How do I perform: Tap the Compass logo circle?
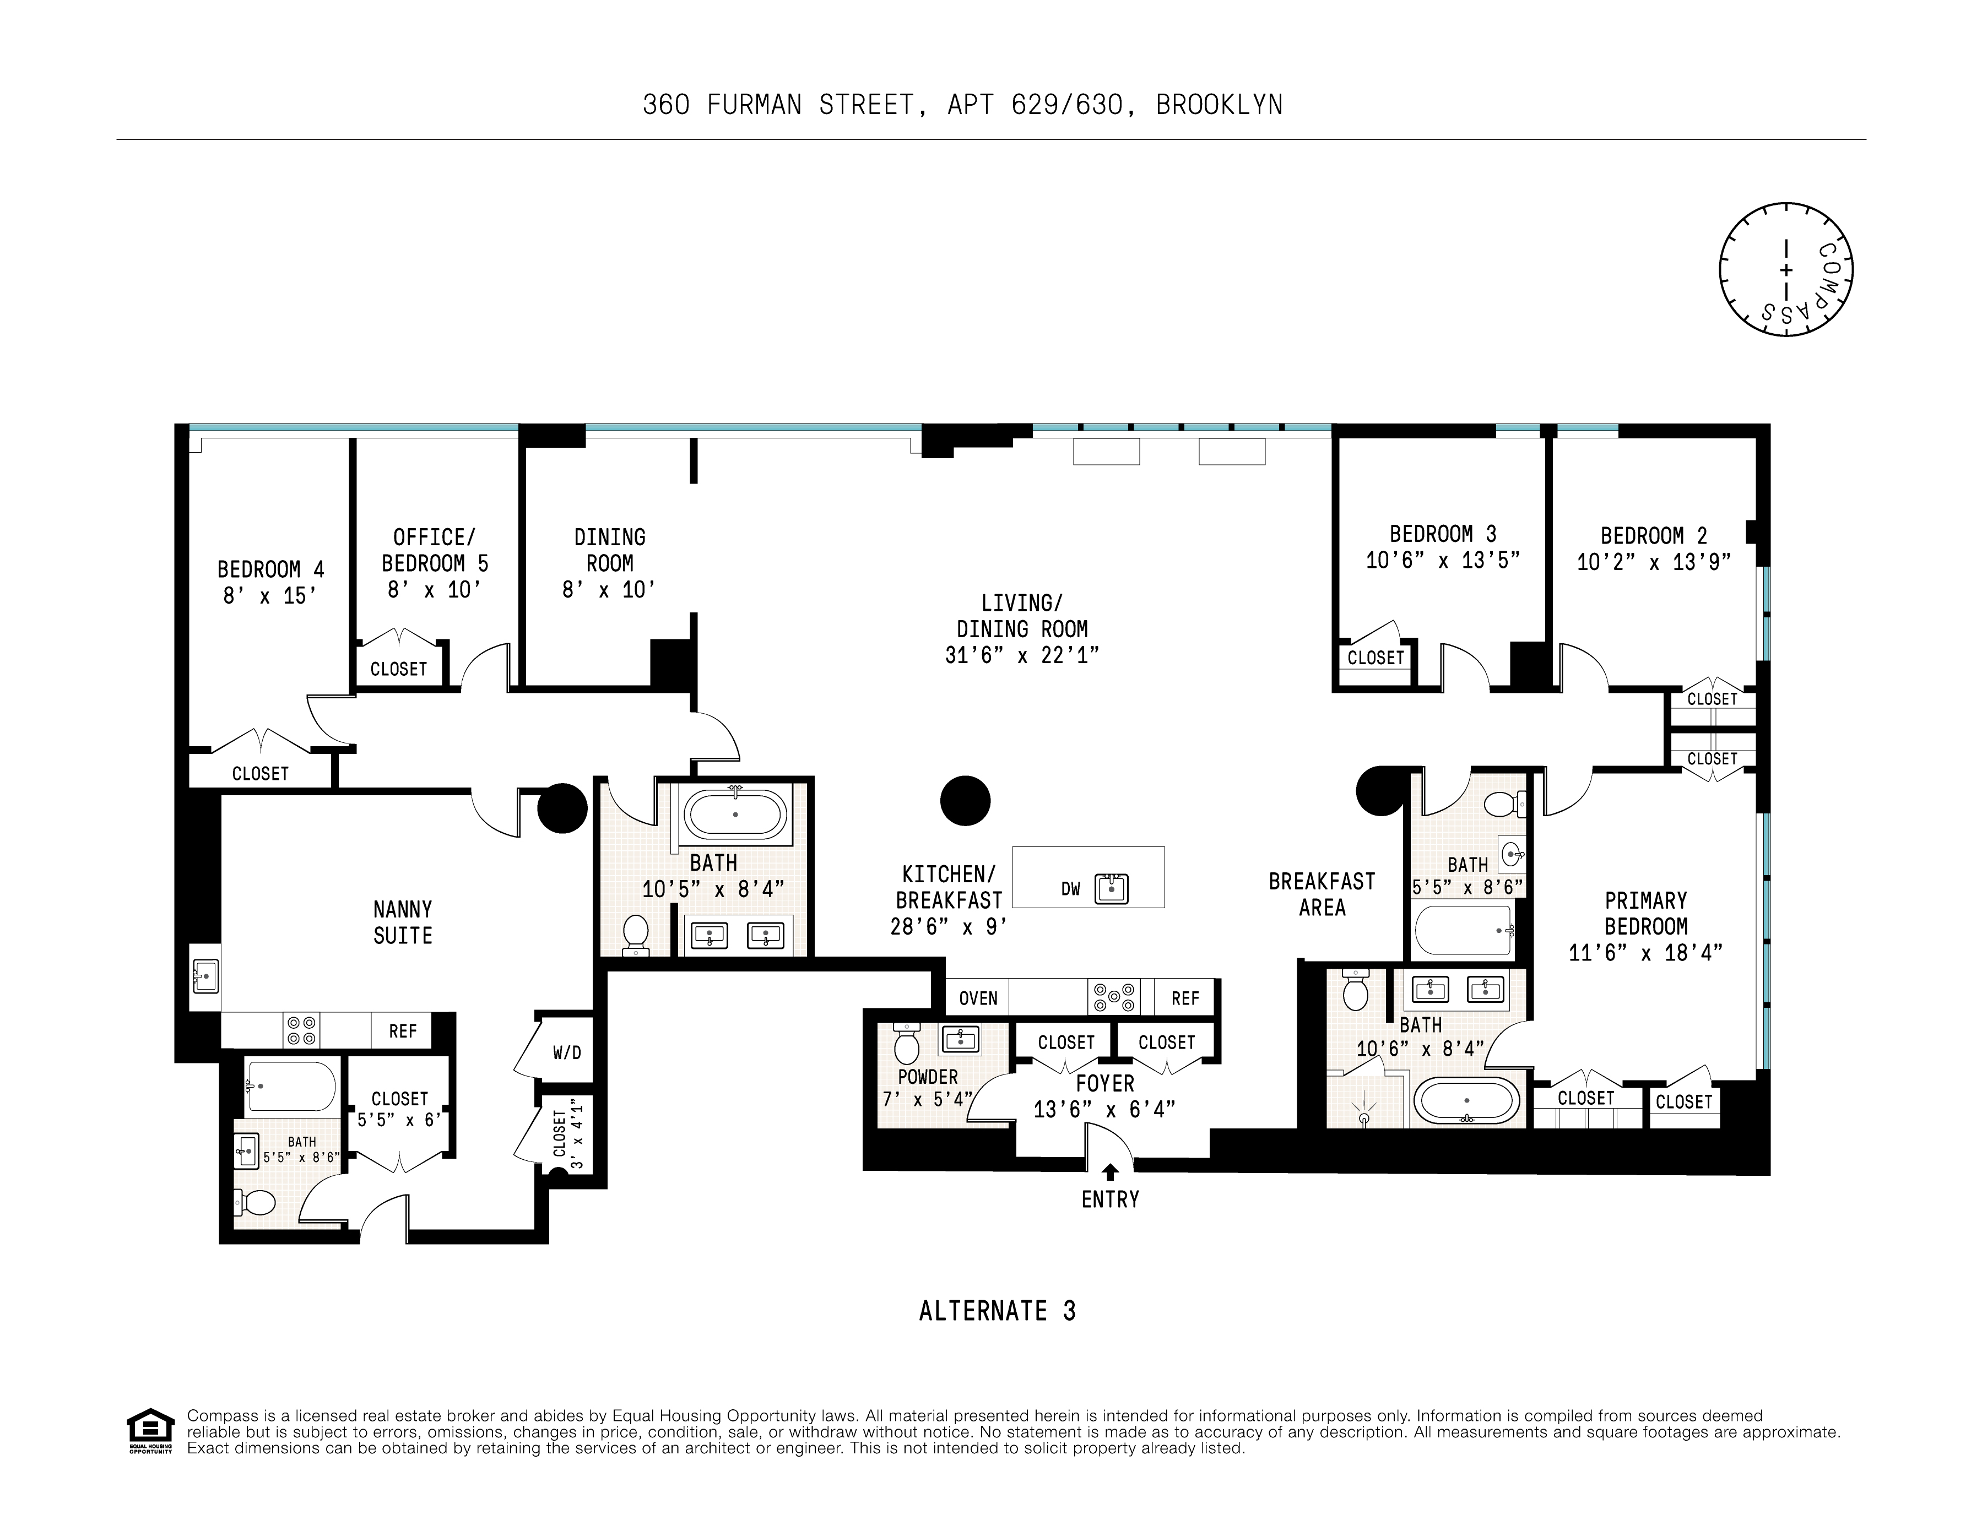[x=1785, y=270]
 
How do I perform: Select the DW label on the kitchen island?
[x=1071, y=889]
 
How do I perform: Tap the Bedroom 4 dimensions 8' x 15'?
[x=270, y=596]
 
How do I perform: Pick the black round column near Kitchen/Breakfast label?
[x=965, y=800]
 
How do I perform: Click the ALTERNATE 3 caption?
[x=998, y=1311]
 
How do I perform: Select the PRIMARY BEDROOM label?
[x=1645, y=913]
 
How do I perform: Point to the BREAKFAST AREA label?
[x=1322, y=894]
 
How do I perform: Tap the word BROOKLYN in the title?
[x=1219, y=105]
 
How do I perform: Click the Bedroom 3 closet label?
[x=1375, y=658]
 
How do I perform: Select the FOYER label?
[x=1104, y=1084]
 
